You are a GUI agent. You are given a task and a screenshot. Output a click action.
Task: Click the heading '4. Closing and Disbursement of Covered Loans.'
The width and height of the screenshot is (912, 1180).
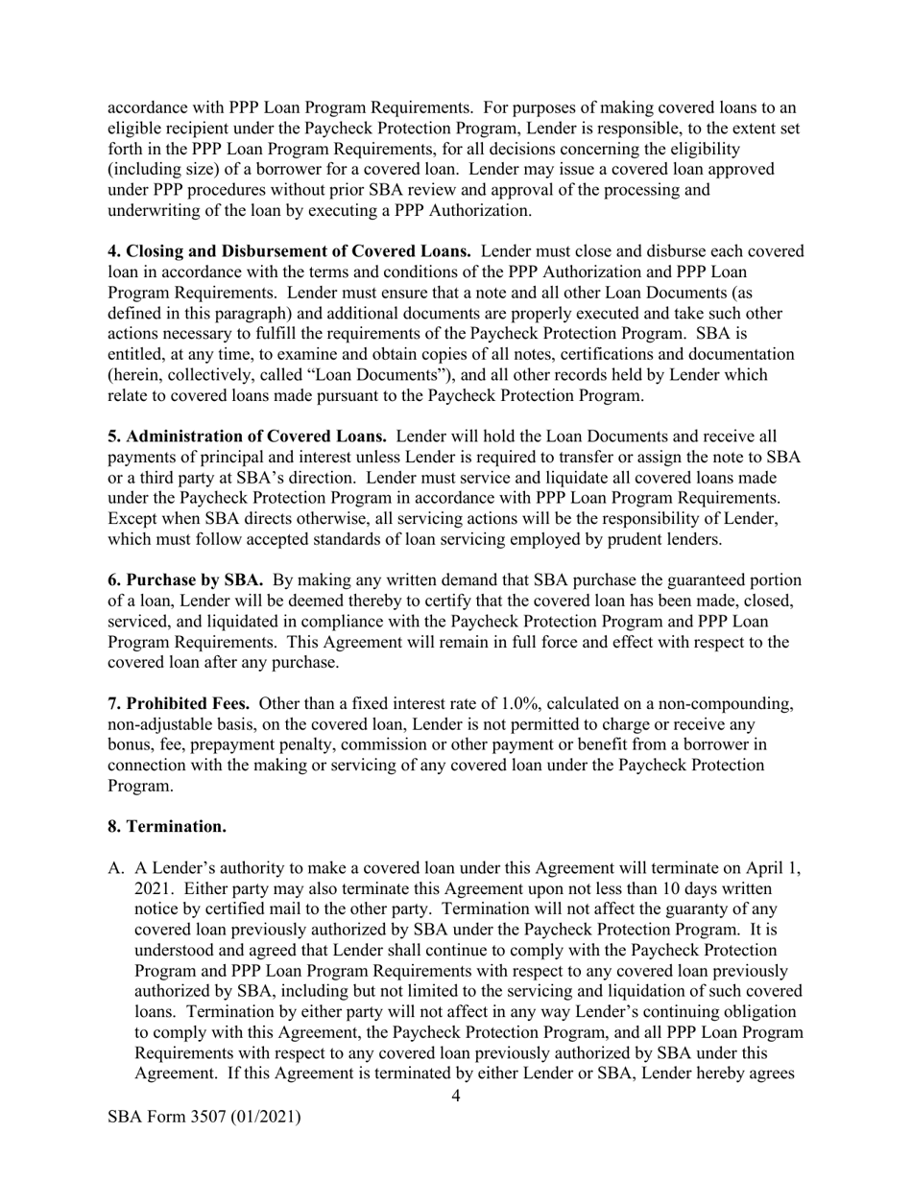[x=289, y=251]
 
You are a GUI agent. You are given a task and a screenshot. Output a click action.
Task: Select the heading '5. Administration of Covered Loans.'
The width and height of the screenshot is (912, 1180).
[x=247, y=436]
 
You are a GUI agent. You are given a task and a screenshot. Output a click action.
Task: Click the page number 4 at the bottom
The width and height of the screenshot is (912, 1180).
[x=455, y=1097]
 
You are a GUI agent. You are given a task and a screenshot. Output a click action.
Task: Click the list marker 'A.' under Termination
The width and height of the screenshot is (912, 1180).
[x=116, y=869]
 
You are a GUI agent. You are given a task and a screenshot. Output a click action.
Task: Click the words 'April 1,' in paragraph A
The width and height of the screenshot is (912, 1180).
[x=775, y=869]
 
